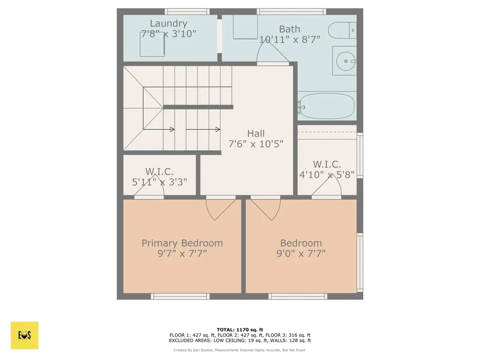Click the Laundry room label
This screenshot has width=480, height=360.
tap(168, 23)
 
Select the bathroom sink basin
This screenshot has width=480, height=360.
tap(346, 60)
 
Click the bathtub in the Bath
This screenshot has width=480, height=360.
tap(326, 106)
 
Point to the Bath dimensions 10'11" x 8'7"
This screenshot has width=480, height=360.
tap(290, 39)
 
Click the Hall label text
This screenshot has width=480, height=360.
tap(256, 134)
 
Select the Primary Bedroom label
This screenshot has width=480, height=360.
tap(182, 243)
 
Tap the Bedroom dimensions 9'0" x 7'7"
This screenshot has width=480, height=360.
tap(301, 253)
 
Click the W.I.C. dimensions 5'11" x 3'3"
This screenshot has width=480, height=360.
tap(163, 181)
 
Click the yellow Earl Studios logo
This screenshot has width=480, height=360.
tap(24, 335)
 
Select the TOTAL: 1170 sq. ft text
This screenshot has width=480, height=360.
tap(240, 330)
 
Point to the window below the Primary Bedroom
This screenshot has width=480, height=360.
tap(180, 296)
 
